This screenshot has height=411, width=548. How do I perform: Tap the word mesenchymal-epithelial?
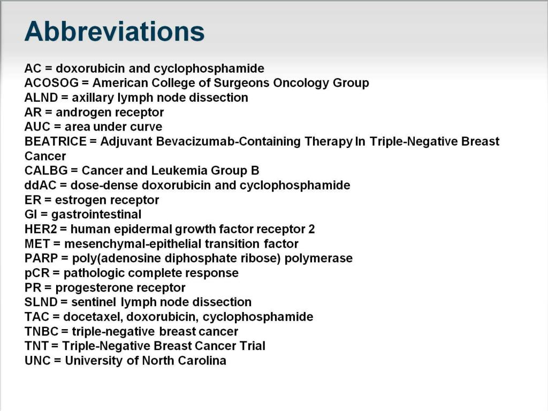pos(130,243)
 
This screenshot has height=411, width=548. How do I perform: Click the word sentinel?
pos(94,302)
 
